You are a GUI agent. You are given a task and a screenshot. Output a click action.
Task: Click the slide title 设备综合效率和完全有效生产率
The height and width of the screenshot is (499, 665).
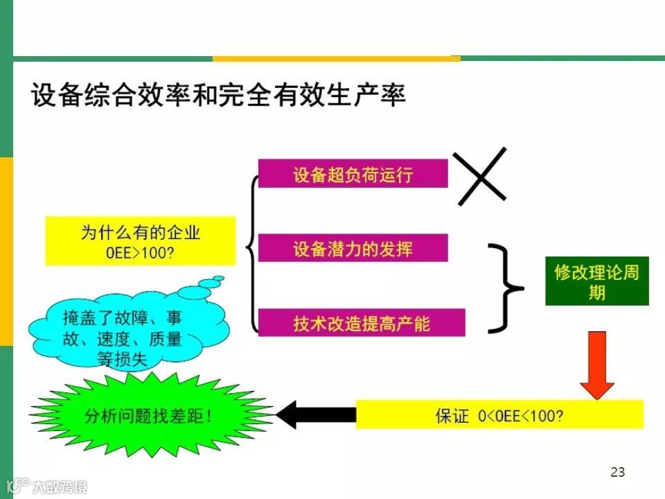click(218, 96)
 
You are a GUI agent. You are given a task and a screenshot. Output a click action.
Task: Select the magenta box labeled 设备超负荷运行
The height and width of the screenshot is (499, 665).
click(353, 173)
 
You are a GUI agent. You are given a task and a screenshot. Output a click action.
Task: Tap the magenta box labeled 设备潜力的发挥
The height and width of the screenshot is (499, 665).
click(353, 248)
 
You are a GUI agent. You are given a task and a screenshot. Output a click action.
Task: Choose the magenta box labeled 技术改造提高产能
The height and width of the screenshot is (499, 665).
click(361, 322)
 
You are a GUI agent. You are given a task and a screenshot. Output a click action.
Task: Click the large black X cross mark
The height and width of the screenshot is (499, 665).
click(481, 176)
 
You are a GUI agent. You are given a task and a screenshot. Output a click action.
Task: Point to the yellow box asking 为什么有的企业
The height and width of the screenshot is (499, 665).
click(141, 240)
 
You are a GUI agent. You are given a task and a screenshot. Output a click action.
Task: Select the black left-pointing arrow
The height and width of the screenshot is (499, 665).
click(315, 415)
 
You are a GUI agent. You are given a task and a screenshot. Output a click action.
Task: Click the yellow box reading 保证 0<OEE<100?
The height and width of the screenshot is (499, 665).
click(499, 415)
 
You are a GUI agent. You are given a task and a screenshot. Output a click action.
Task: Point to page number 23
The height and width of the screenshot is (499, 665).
click(618, 473)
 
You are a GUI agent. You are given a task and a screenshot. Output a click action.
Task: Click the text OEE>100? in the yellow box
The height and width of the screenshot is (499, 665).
click(141, 252)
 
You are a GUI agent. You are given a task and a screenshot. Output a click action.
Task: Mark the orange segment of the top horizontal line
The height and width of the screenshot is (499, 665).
click(336, 59)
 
